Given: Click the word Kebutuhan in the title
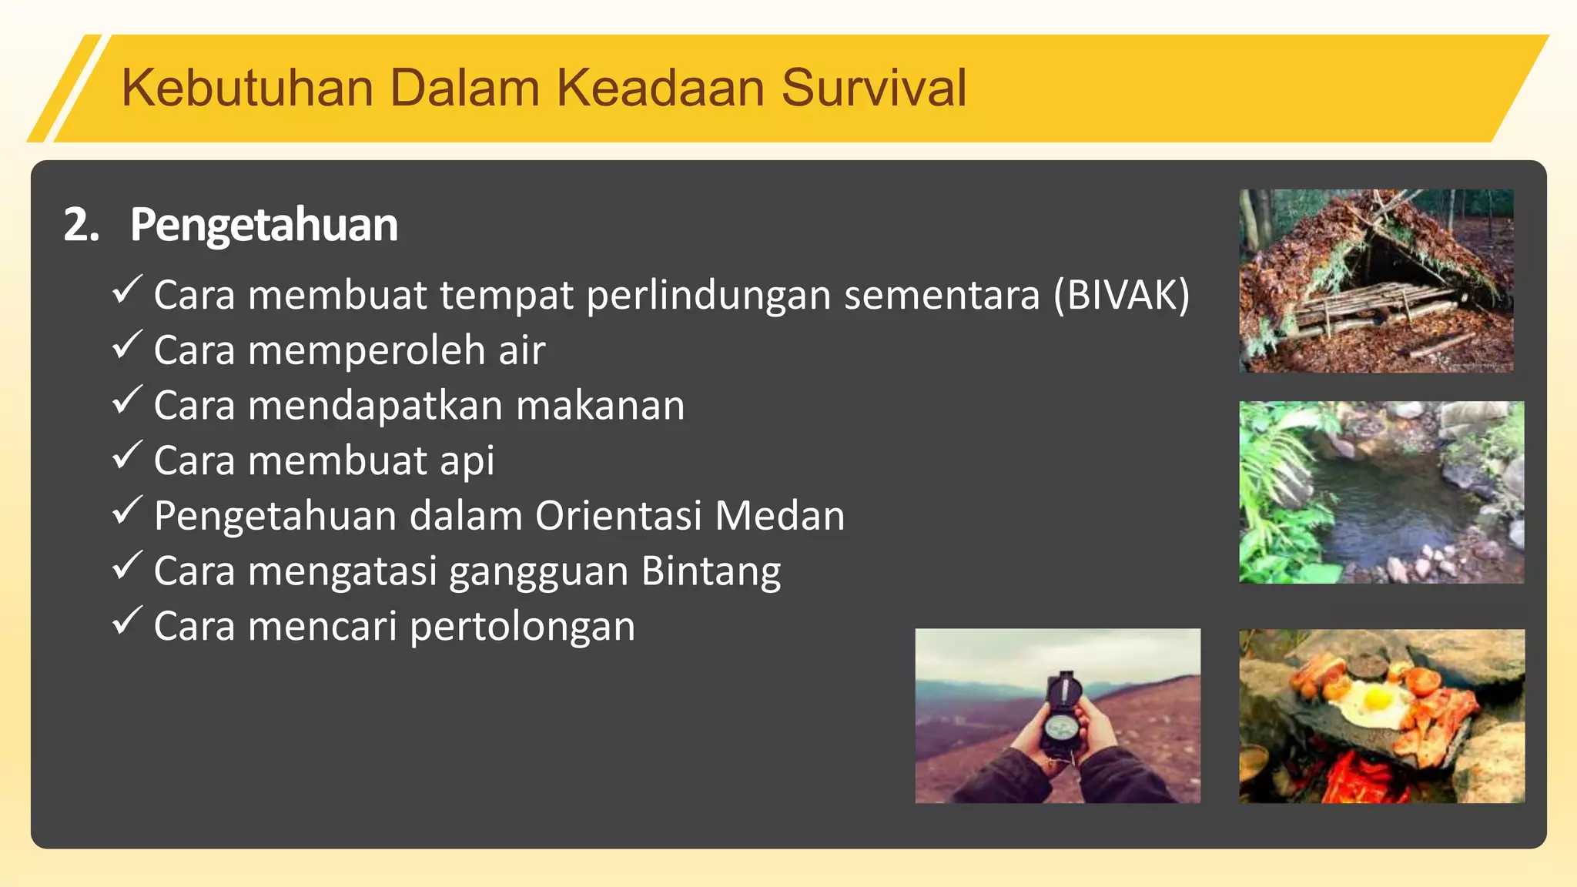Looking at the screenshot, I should [247, 88].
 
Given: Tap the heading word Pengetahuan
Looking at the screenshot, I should [263, 225].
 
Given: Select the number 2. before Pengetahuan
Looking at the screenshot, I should [81, 225].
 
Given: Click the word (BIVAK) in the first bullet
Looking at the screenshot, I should [1121, 295].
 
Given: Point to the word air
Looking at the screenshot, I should [521, 350].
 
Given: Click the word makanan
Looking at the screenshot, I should [600, 406].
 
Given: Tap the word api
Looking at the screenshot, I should [467, 461].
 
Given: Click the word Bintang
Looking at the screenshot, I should [711, 572].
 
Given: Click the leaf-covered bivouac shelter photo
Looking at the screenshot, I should [1376, 281].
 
